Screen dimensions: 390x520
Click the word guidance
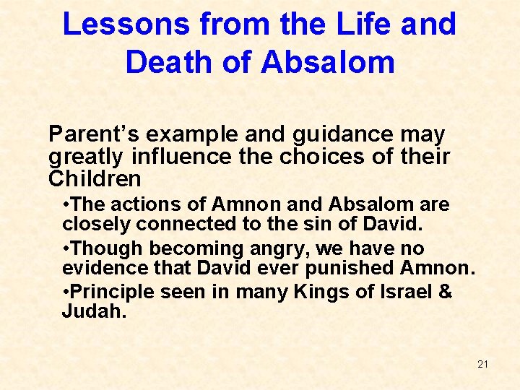pyautogui.click(x=330, y=134)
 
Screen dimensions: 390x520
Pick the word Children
pyautogui.click(x=94, y=178)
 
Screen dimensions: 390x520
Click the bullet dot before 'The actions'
pyautogui.click(x=66, y=205)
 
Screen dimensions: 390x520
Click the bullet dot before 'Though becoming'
pyautogui.click(x=66, y=249)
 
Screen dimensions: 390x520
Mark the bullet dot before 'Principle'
pyautogui.click(x=66, y=293)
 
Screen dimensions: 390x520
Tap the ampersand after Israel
pyautogui.click(x=445, y=293)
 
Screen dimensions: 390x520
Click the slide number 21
pyautogui.click(x=482, y=364)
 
